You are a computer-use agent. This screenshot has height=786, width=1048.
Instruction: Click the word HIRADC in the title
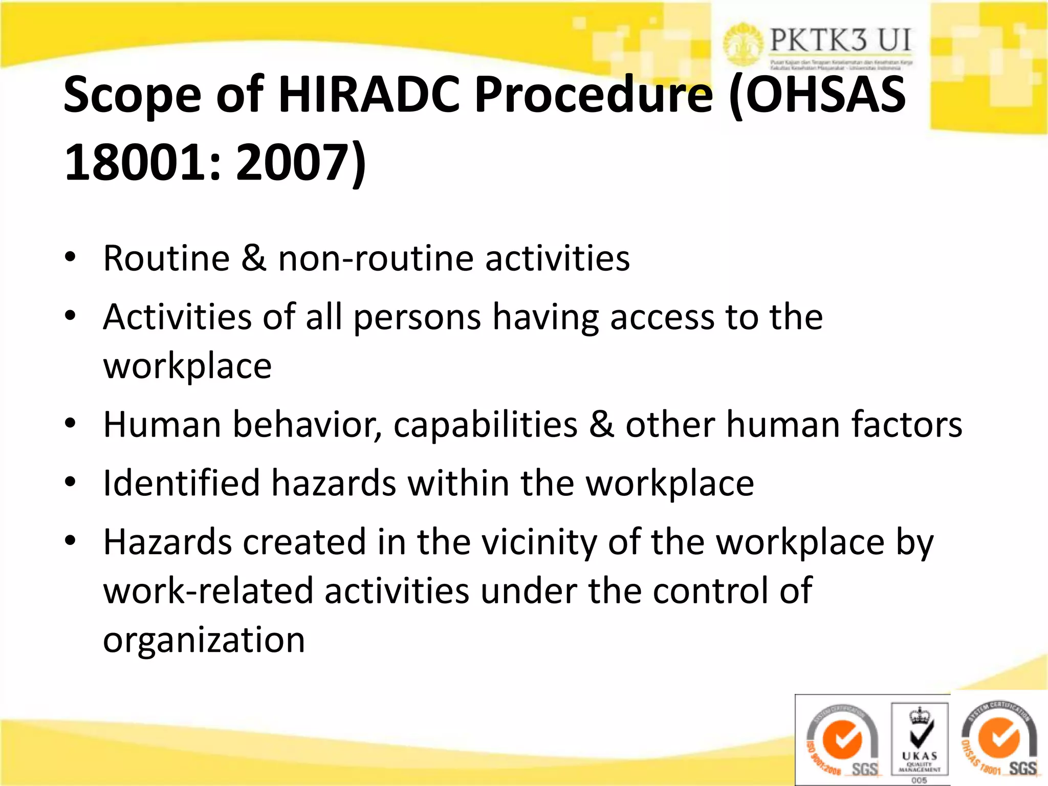369,95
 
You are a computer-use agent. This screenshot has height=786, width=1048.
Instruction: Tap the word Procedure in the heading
594,95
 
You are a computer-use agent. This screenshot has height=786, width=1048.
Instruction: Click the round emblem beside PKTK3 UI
743,45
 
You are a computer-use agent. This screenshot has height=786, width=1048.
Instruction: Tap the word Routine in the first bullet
166,258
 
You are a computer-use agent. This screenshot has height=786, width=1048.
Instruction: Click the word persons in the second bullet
417,317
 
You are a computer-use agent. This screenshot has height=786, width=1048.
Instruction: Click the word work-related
208,591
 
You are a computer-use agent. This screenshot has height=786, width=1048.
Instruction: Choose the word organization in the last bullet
204,640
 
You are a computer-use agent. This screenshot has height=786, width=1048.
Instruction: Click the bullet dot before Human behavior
71,424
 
